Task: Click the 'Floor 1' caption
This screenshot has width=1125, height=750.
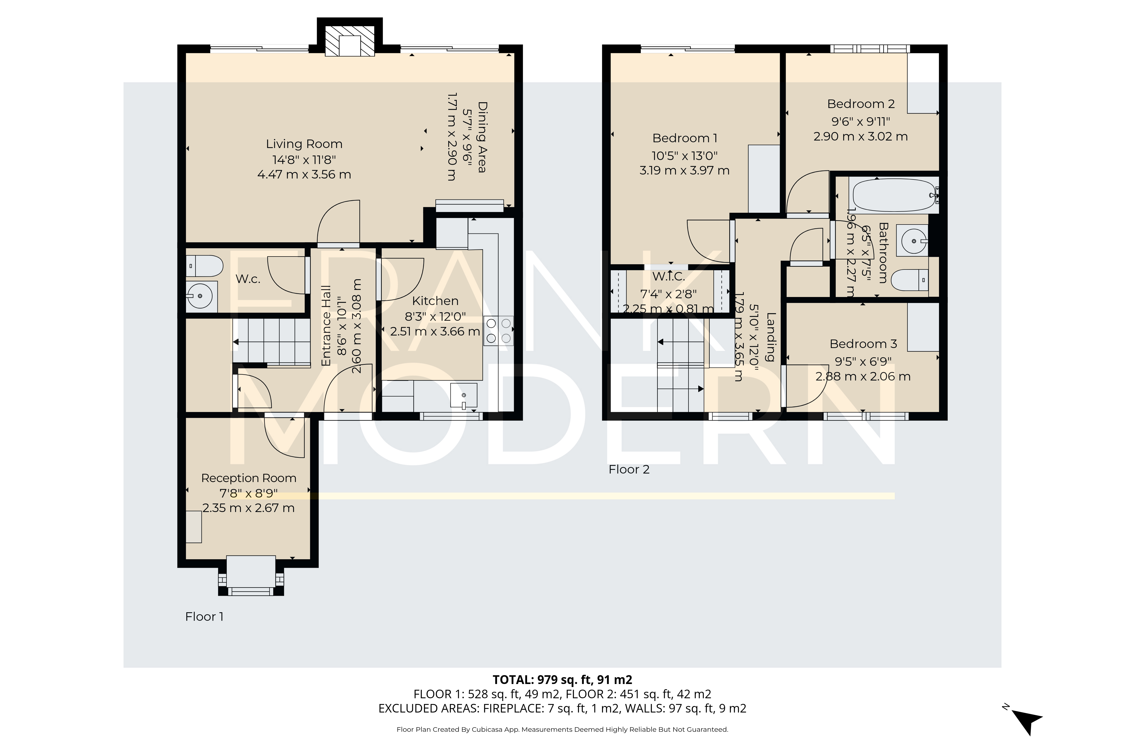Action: point(204,616)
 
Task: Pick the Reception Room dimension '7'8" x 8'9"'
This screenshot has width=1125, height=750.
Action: point(248,493)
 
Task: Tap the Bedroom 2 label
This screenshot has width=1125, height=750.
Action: point(860,104)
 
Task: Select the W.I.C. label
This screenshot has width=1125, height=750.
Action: point(668,276)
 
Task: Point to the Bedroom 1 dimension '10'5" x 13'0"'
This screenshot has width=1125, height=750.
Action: point(684,155)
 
